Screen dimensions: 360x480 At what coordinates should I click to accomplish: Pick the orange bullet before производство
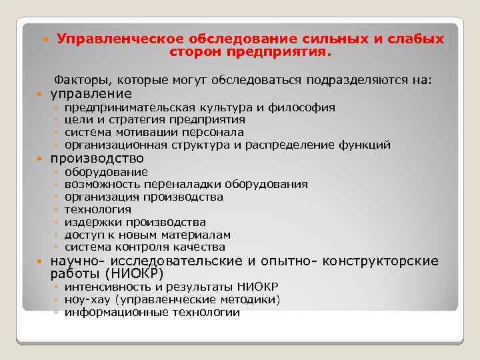(x=42, y=159)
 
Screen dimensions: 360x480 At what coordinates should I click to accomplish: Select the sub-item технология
(x=97, y=210)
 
